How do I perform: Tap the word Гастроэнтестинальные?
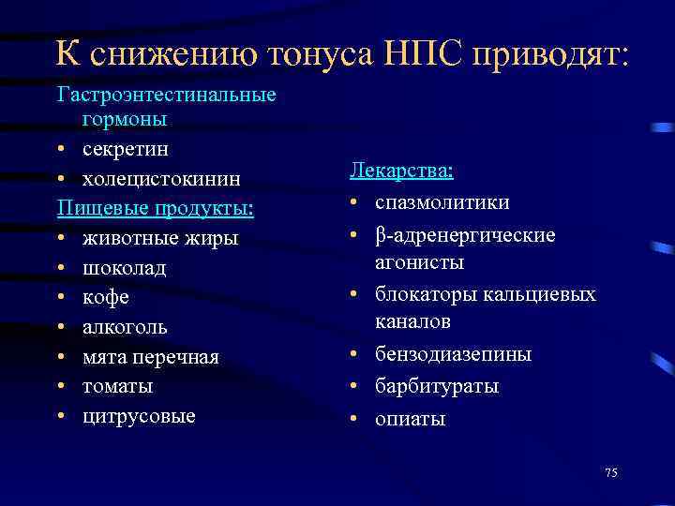pyautogui.click(x=166, y=96)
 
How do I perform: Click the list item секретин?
pyautogui.click(x=125, y=149)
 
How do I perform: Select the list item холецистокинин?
pyautogui.click(x=160, y=178)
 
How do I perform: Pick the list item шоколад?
pyautogui.click(x=124, y=268)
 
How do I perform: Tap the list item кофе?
pyautogui.click(x=105, y=297)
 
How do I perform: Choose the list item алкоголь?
pyautogui.click(x=125, y=327)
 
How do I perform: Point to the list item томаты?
pyautogui.click(x=117, y=386)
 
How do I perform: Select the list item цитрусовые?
pyautogui.click(x=139, y=416)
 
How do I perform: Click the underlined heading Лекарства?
pyautogui.click(x=402, y=171)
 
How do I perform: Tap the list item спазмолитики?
pyautogui.click(x=442, y=202)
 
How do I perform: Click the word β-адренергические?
pyautogui.click(x=465, y=234)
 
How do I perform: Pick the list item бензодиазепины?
pyautogui.click(x=453, y=354)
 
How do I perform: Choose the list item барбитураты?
pyautogui.click(x=437, y=386)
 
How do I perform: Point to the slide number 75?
pyautogui.click(x=611, y=472)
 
